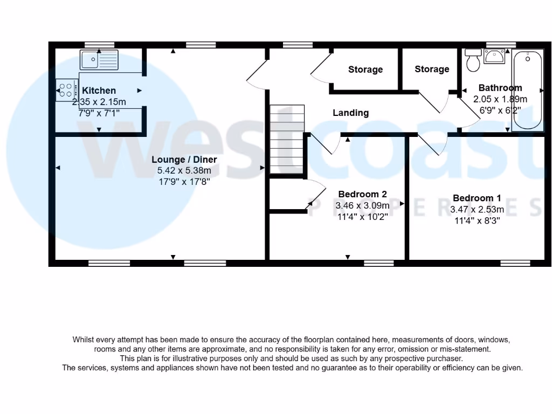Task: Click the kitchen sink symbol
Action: [x=99, y=60]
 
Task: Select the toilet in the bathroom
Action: [x=474, y=60]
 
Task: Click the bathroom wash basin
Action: [x=494, y=56]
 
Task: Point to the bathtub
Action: [x=528, y=90]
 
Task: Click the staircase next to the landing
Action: [x=287, y=139]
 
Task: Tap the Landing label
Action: [x=350, y=113]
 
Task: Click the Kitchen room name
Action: [x=99, y=91]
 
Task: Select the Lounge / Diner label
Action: [x=184, y=160]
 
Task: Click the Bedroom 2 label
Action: [x=362, y=195]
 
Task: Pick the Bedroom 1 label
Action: [x=477, y=198]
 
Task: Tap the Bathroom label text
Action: [x=500, y=88]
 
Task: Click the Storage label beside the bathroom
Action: [x=432, y=69]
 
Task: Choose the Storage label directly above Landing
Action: [x=365, y=70]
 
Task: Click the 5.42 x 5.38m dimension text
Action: [x=184, y=170]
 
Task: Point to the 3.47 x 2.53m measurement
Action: [x=477, y=209]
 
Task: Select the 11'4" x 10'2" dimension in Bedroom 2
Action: [x=362, y=217]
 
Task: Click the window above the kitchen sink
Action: [x=99, y=45]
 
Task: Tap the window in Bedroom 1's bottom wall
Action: [x=514, y=263]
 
